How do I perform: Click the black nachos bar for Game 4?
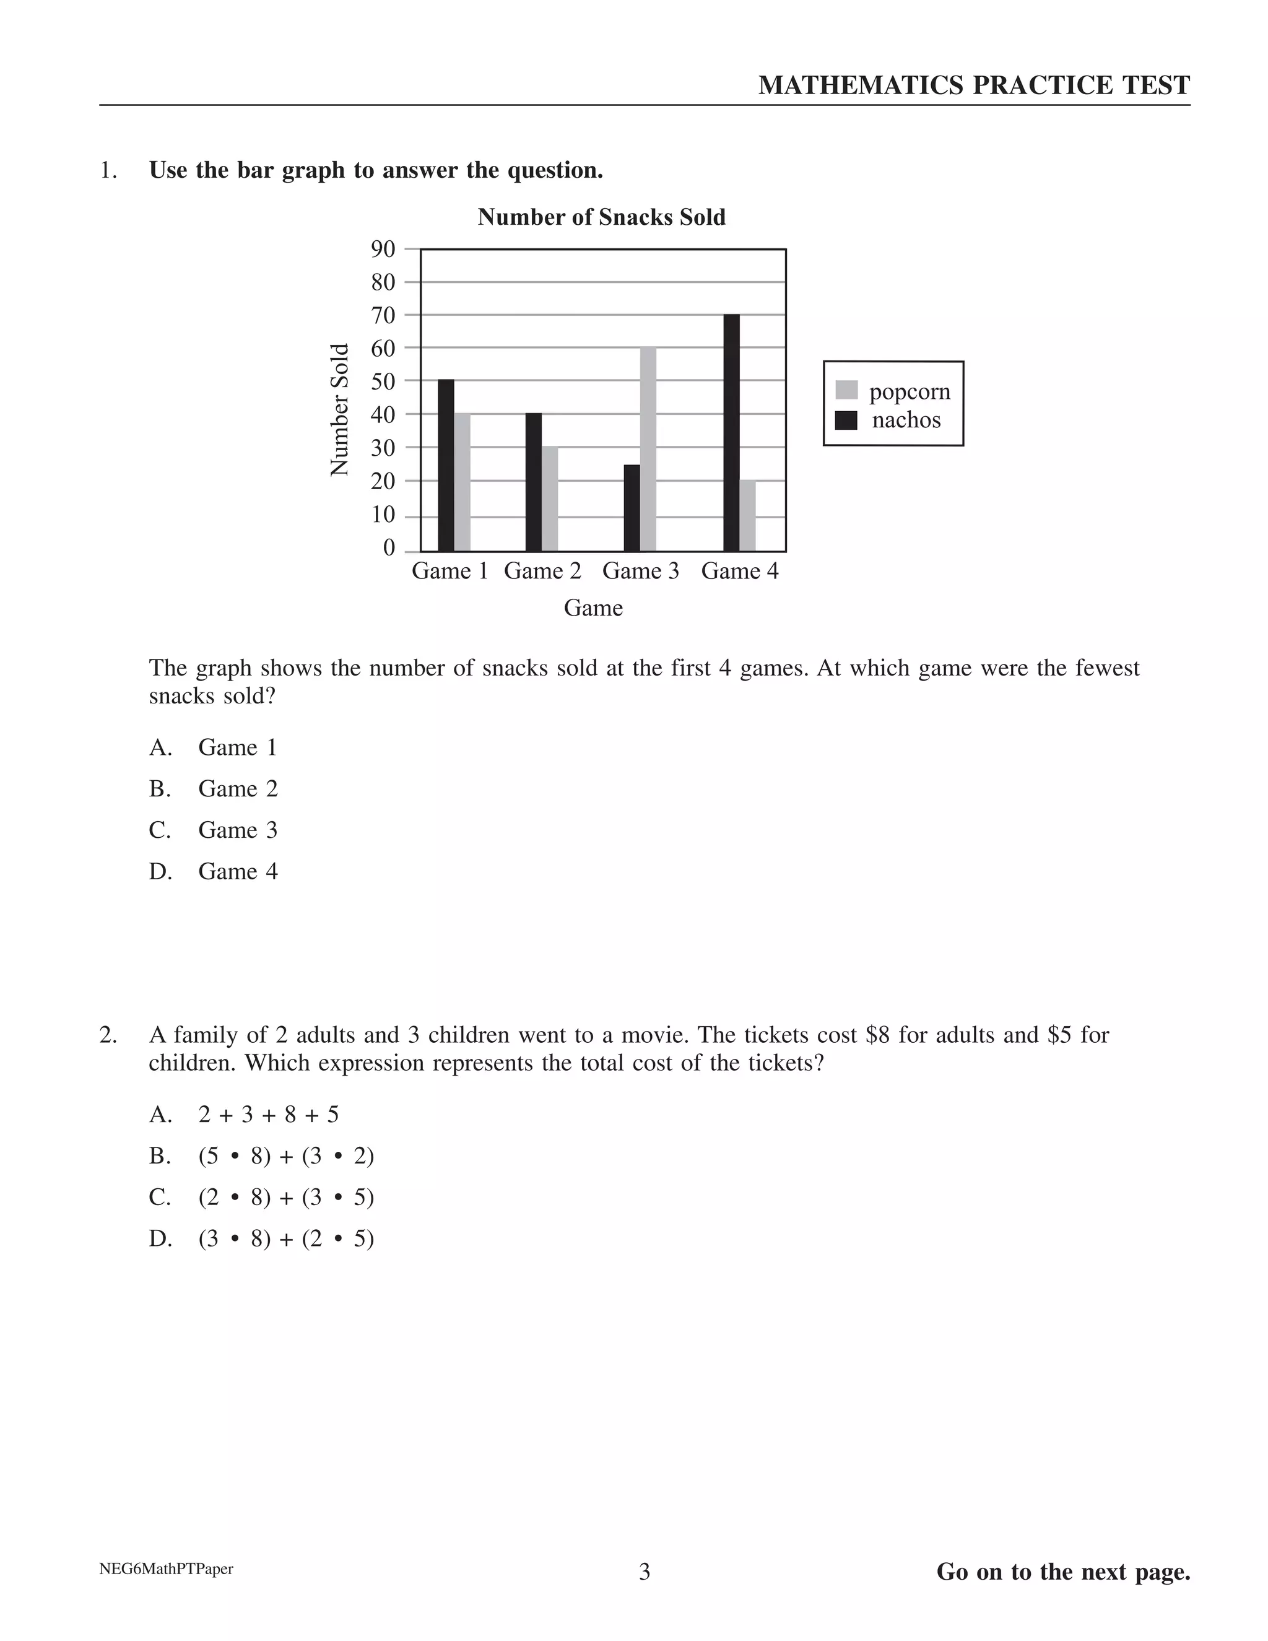tap(731, 433)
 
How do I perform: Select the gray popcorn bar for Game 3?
tap(648, 450)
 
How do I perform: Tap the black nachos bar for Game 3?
tap(632, 508)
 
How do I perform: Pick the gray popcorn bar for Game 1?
tap(462, 482)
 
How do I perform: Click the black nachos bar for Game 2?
tap(533, 482)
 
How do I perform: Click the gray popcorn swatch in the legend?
tap(846, 391)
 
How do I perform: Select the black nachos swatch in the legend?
tap(846, 420)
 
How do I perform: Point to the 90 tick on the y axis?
tap(383, 249)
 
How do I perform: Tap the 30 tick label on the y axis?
tap(383, 448)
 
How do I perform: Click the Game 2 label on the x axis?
tap(542, 571)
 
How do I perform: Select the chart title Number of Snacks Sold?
tap(602, 217)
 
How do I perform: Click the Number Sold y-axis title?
tap(341, 409)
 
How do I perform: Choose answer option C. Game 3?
tap(237, 830)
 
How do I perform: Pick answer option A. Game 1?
tap(237, 747)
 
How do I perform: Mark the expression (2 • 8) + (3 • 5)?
tap(285, 1197)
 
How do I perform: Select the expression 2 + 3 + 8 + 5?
tap(268, 1114)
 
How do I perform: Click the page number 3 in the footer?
tap(645, 1572)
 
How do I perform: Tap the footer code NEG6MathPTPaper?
tap(166, 1569)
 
